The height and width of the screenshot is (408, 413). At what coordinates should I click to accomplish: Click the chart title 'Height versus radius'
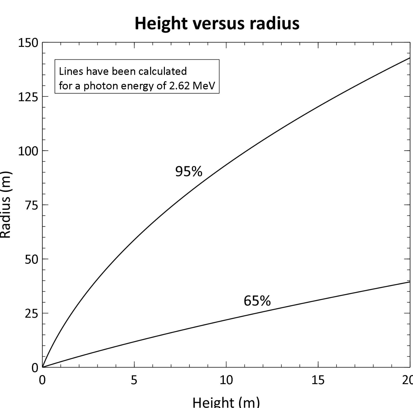click(x=217, y=23)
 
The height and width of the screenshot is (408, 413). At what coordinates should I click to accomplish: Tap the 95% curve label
click(x=189, y=171)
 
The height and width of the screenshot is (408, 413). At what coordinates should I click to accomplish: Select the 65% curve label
click(x=257, y=301)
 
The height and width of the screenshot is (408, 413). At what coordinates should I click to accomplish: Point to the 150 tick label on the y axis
click(x=28, y=43)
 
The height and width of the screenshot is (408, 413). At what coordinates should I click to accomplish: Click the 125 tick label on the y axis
click(x=28, y=97)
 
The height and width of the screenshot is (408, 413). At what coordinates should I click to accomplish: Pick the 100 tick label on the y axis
click(x=28, y=151)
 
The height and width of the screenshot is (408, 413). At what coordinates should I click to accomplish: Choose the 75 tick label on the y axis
click(x=31, y=205)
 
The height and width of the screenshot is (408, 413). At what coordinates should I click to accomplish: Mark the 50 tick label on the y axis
click(x=31, y=260)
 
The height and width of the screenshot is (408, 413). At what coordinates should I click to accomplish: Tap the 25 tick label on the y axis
click(x=31, y=314)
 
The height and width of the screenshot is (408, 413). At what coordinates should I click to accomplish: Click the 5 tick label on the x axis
click(x=134, y=380)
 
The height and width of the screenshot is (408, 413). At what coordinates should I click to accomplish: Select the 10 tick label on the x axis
click(x=226, y=380)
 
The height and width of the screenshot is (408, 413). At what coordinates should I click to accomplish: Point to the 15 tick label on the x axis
click(x=318, y=380)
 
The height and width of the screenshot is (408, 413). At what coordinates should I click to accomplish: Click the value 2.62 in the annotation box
click(x=179, y=86)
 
